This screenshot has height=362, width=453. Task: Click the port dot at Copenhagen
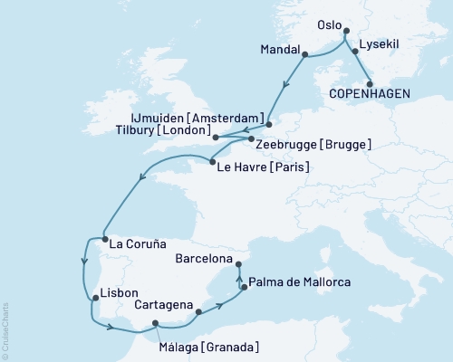coord(369,83)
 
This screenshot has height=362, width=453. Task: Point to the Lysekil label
coord(380,43)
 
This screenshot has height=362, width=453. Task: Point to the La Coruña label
coord(136,243)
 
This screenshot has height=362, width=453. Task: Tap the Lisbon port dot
coord(93,297)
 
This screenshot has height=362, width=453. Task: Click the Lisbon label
coord(120,293)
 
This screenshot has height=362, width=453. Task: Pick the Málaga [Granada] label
coord(207,348)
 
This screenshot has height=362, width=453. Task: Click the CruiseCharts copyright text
coord(5,326)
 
